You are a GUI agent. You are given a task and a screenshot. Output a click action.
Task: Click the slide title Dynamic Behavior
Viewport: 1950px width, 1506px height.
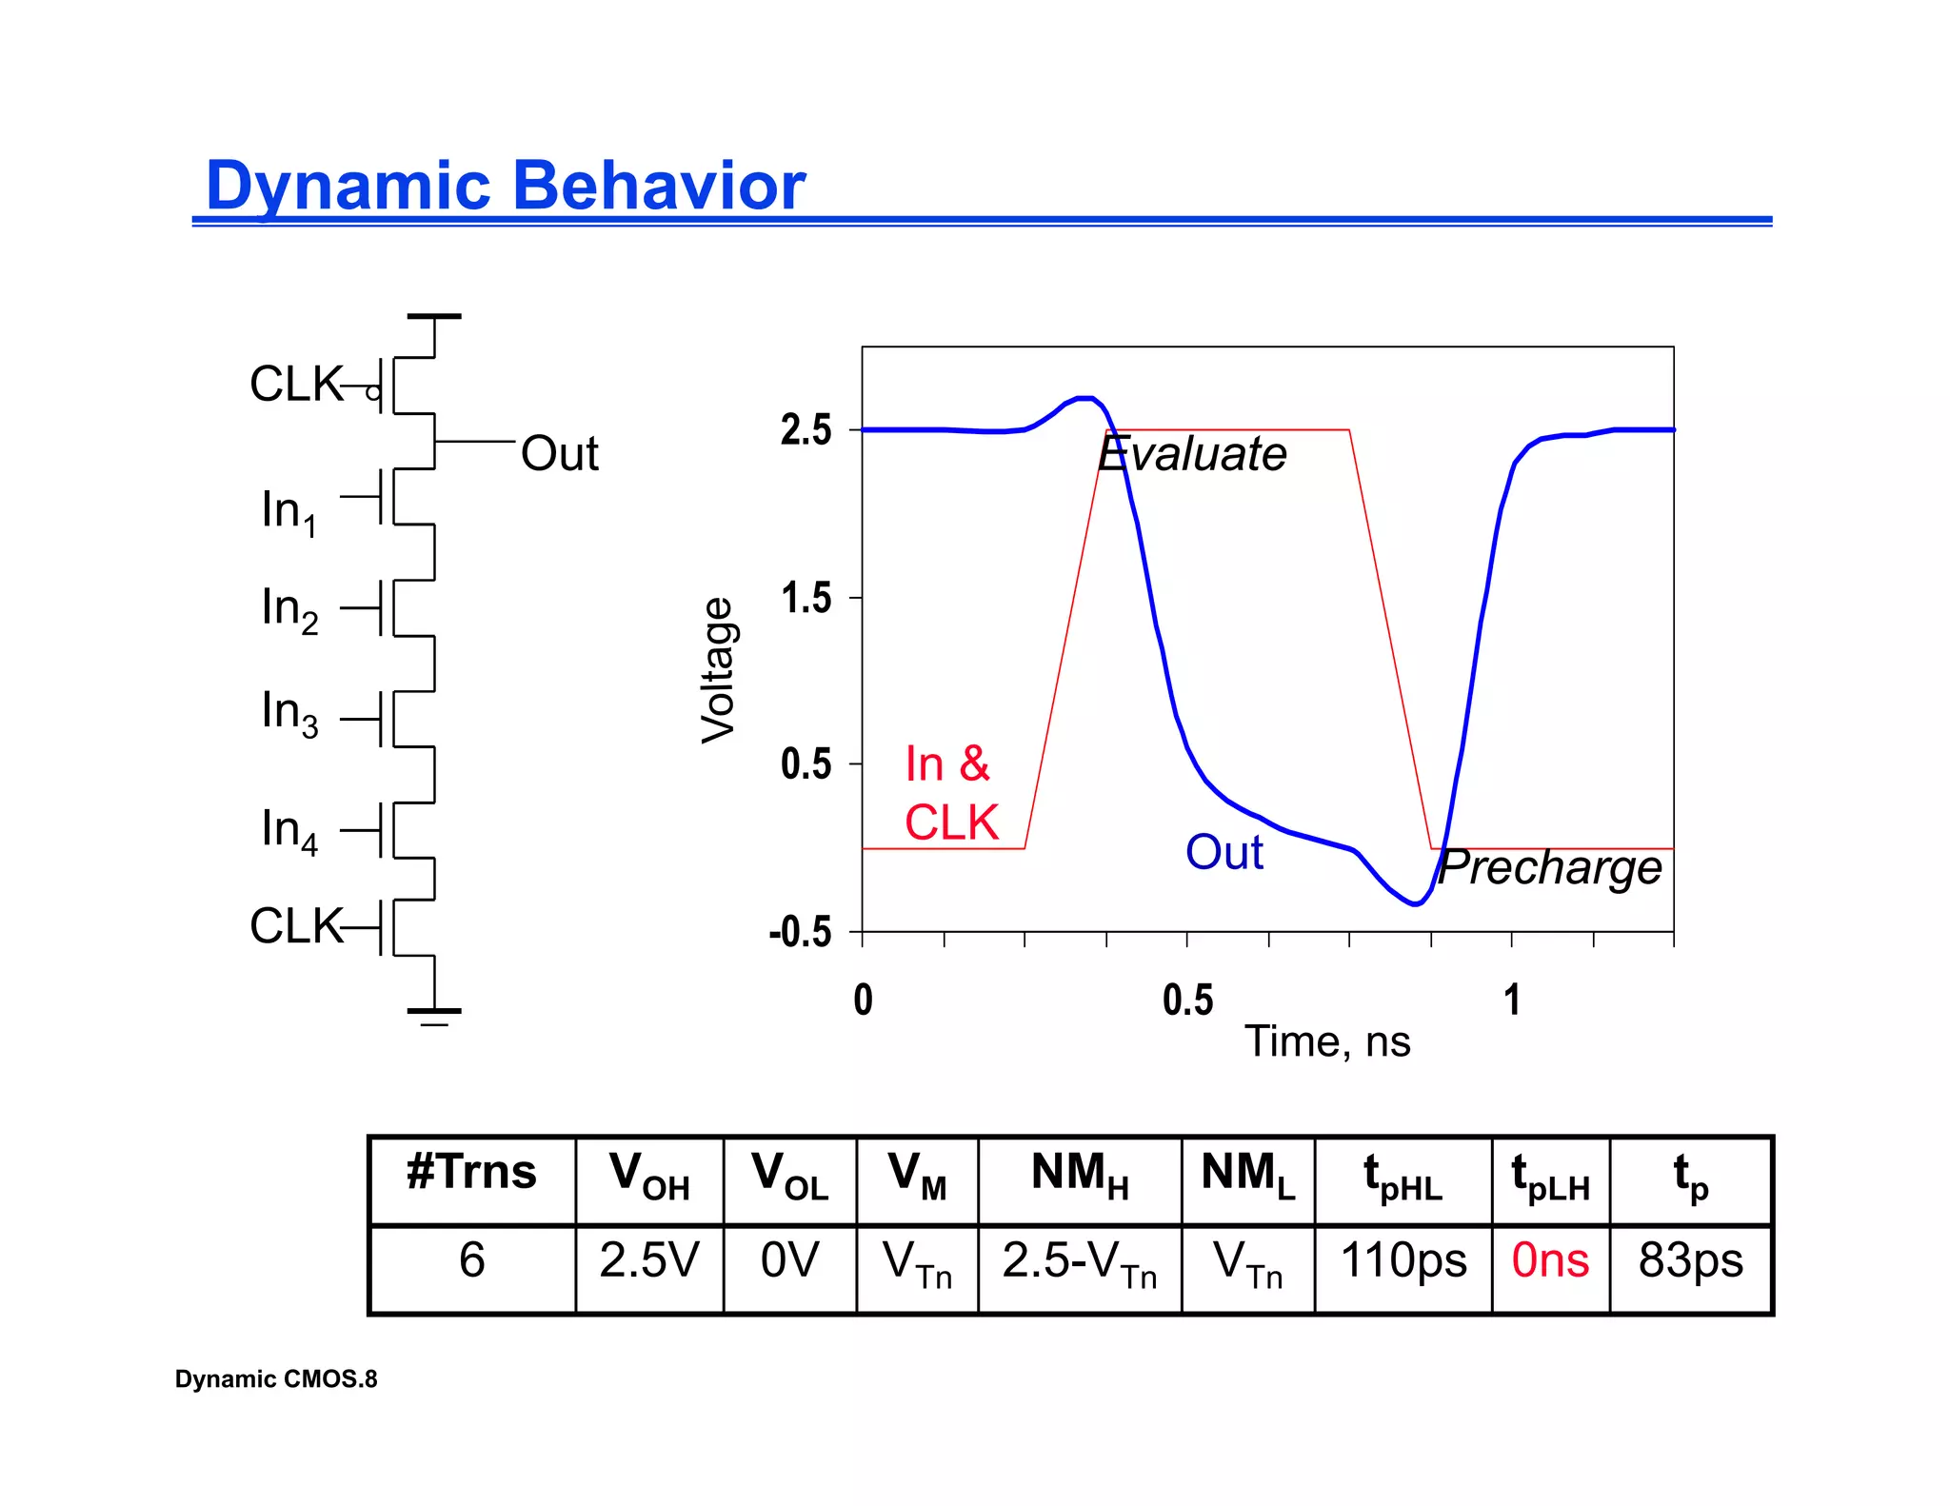coord(506,185)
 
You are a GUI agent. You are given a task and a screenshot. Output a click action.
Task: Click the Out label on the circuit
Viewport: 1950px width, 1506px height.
coord(559,453)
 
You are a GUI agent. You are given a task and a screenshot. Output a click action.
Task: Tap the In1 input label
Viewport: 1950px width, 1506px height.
coord(289,511)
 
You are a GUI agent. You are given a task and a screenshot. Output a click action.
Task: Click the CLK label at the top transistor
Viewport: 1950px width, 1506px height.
coord(296,385)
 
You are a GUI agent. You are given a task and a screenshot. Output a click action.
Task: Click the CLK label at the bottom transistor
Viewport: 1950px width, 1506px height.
coord(296,925)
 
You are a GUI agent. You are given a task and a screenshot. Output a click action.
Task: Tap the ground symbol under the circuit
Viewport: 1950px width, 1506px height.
coord(434,1015)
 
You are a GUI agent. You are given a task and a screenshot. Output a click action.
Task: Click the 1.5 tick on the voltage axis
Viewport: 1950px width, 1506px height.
coord(806,599)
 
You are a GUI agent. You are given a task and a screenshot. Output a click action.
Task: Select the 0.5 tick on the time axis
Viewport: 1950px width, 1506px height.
coord(1187,1001)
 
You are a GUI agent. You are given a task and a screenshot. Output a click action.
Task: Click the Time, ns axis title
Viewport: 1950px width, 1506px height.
coord(1327,1041)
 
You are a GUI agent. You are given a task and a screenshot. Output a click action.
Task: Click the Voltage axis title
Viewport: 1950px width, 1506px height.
coord(718,670)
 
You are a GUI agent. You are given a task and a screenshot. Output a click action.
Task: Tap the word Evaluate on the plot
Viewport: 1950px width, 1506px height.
coord(1192,453)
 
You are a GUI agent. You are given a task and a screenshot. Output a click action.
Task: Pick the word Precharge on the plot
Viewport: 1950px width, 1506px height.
coord(1549,867)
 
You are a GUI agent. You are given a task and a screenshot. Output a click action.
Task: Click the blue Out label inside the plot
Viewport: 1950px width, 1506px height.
coord(1224,852)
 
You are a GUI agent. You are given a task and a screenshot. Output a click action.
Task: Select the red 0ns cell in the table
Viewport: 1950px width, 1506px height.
coord(1550,1260)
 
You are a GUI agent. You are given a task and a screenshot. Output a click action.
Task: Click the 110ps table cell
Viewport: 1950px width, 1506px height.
coord(1403,1260)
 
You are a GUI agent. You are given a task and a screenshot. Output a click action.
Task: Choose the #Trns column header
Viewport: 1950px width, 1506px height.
coord(471,1173)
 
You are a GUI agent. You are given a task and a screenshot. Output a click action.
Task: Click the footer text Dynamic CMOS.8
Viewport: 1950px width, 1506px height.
coord(276,1379)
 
